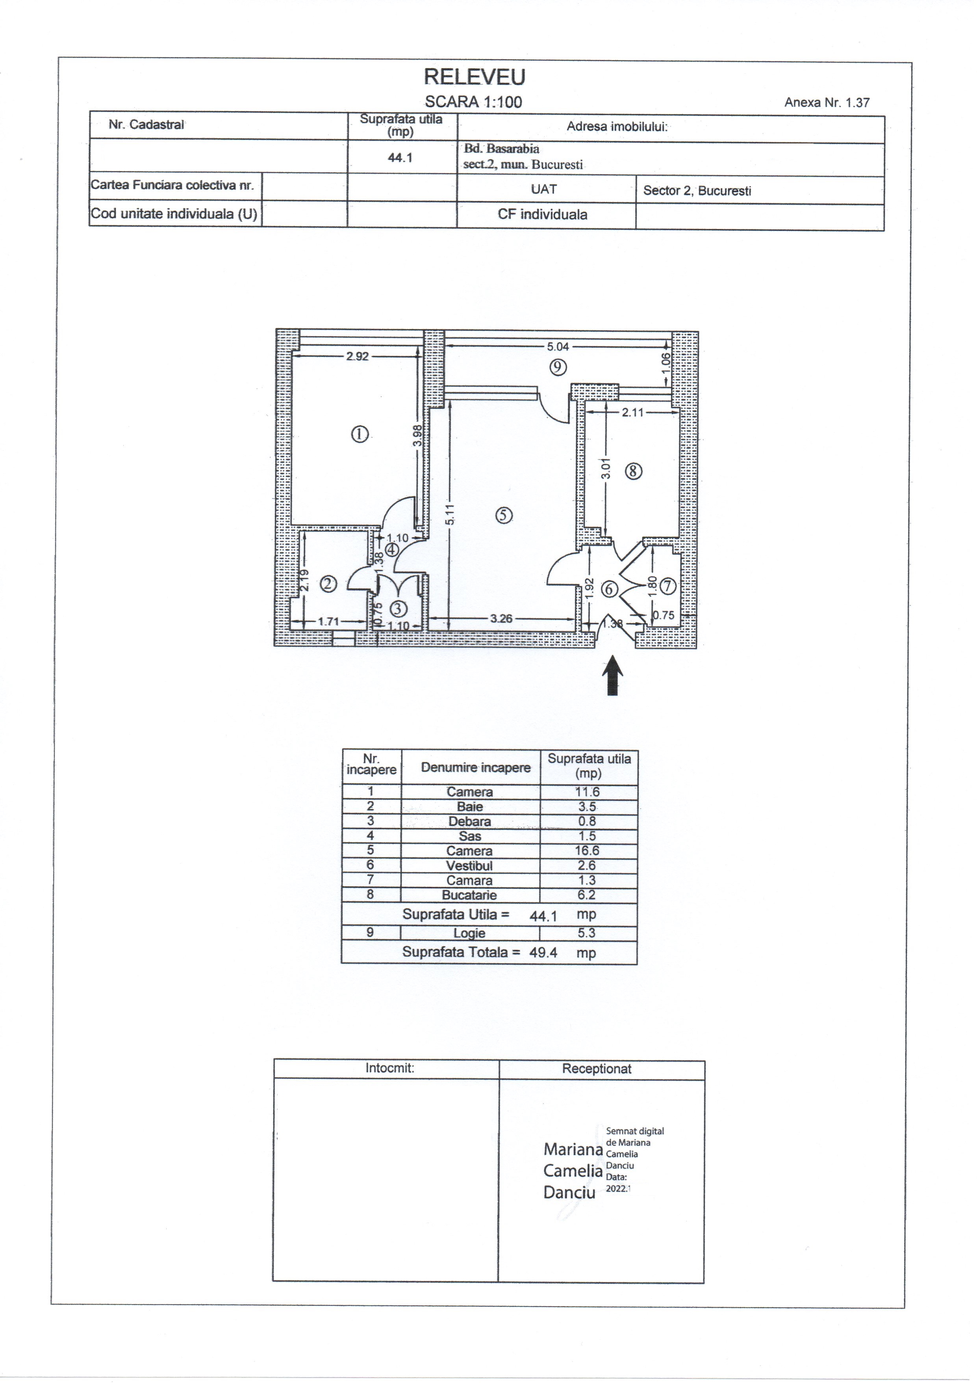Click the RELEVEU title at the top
click(475, 77)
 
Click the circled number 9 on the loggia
click(558, 366)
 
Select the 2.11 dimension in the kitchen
click(633, 413)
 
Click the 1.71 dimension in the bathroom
click(329, 621)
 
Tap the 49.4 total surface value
click(543, 952)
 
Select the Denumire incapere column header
click(476, 767)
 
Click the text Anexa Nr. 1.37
click(827, 102)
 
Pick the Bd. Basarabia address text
click(501, 149)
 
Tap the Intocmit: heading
click(390, 1068)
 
